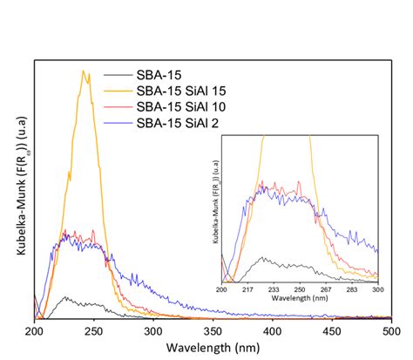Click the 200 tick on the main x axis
coord(34,332)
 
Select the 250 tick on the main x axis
coord(93,332)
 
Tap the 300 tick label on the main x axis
coord(153,332)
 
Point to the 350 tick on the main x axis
coord(213,332)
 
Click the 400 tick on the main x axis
coord(272,332)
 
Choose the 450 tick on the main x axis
coord(332,332)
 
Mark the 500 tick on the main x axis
coord(391,332)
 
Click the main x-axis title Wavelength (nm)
coord(212,348)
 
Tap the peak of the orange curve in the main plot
coord(84,71)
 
